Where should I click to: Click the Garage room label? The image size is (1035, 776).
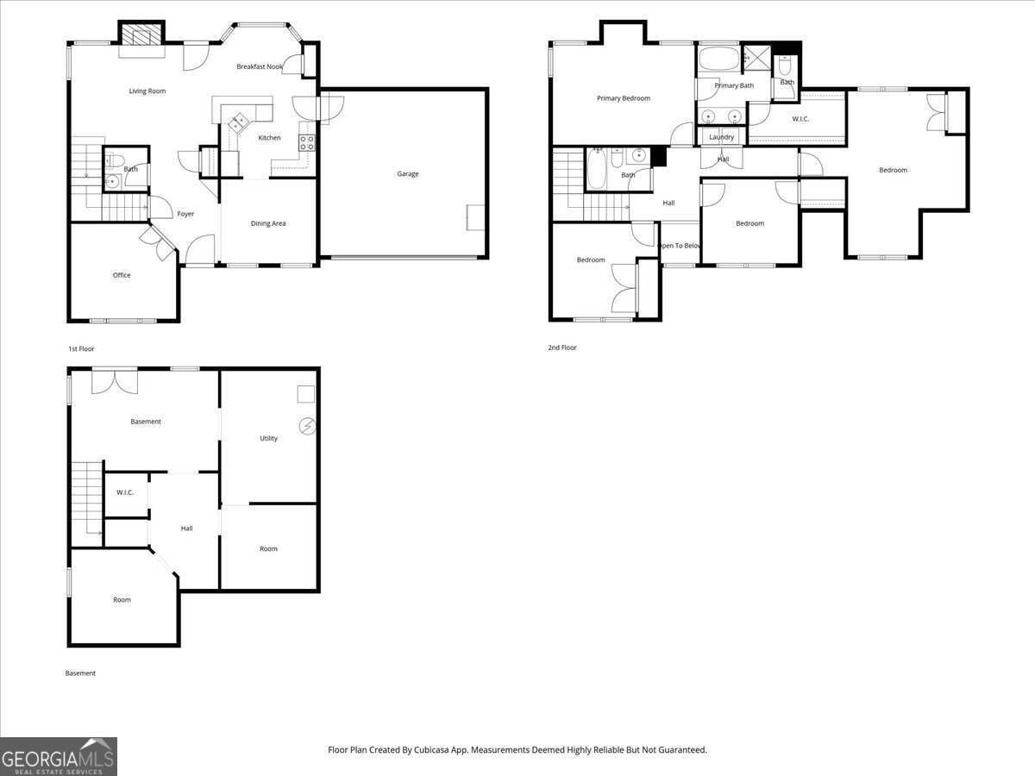click(408, 174)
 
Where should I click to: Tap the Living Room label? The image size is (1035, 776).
click(147, 91)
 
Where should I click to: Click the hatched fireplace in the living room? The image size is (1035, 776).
click(141, 34)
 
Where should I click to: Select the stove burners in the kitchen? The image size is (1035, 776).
click(306, 143)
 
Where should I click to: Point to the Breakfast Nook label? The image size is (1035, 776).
click(260, 66)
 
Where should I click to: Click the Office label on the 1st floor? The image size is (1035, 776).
click(122, 275)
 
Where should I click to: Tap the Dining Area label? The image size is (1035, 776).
click(268, 223)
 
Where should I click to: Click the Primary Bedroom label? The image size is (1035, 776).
click(624, 98)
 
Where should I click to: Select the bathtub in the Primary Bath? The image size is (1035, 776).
click(718, 59)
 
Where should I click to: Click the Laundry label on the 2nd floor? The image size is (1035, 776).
click(721, 137)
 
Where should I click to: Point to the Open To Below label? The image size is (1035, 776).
click(680, 246)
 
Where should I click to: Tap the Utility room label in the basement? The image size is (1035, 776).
click(269, 438)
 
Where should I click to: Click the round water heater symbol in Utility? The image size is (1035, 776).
click(307, 427)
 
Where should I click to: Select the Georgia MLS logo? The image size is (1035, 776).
click(59, 757)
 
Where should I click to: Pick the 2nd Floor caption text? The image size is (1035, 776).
click(562, 347)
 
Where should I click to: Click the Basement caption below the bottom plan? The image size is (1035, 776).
click(80, 673)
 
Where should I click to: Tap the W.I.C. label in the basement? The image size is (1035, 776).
click(125, 492)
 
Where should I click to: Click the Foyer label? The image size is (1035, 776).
click(185, 214)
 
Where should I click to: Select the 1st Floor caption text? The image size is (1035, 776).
click(81, 349)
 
